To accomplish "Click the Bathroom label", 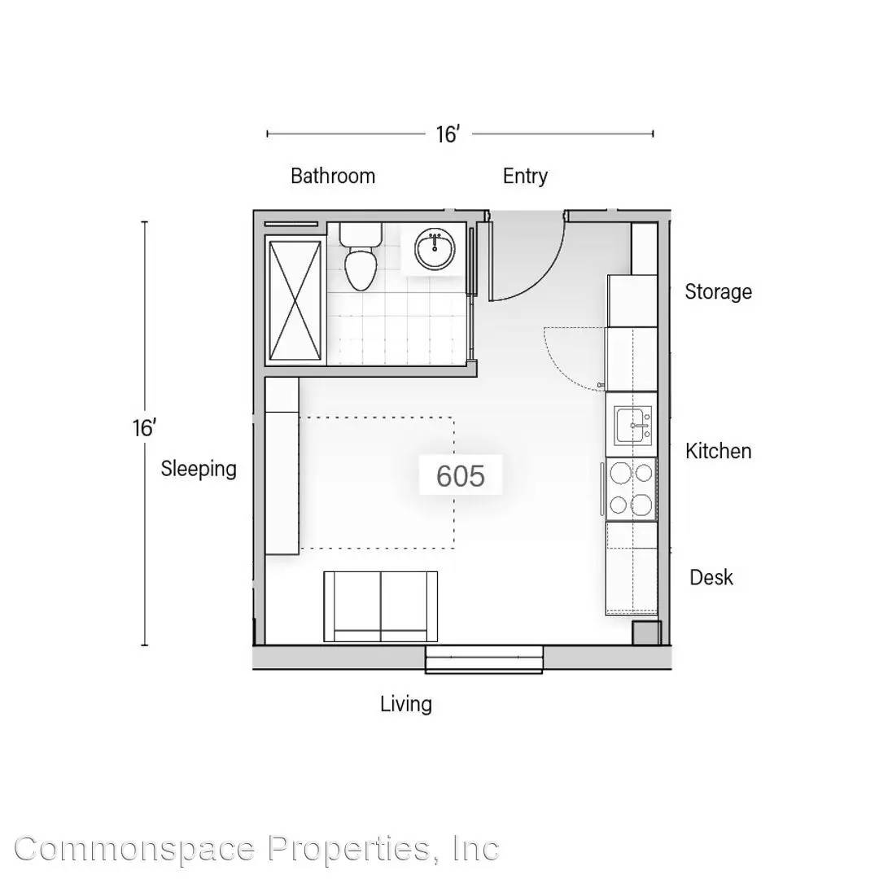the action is (332, 176).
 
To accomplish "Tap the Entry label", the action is (525, 176).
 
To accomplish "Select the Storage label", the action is (718, 292).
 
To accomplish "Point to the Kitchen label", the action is (718, 451).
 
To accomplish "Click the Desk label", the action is (711, 577).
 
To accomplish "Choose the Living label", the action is (406, 705).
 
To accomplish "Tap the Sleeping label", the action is (199, 469).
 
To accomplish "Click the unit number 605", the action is (460, 476).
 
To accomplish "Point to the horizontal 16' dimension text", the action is (448, 134).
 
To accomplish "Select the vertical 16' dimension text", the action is (144, 428).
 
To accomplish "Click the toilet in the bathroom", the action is (361, 256).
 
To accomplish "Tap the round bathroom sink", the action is (435, 249).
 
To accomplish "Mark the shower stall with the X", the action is (295, 300).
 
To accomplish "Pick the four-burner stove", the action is (632, 489).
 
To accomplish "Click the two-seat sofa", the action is (381, 606).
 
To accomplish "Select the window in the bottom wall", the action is (483, 659).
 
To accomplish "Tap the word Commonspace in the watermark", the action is (134, 849).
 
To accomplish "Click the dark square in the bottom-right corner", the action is (647, 633).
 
